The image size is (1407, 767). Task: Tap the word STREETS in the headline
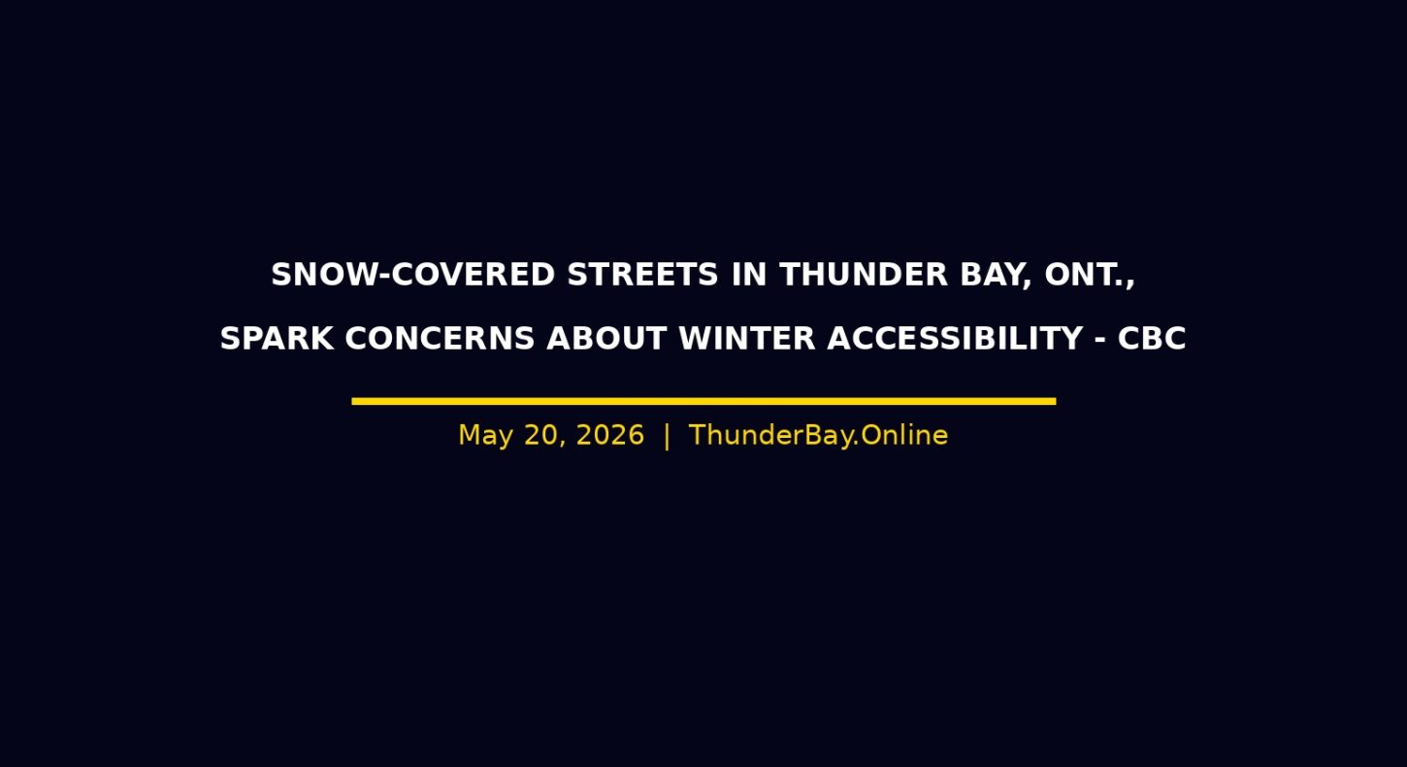642,275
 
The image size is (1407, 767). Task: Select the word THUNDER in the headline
864,275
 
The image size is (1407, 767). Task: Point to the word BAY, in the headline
996,276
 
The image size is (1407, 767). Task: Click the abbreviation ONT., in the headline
1090,276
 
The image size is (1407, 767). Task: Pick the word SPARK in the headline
277,338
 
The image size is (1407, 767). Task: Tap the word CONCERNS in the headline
440,338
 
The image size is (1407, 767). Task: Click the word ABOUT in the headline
606,338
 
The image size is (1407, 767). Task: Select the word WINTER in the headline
747,338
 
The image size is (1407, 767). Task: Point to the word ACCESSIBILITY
956,338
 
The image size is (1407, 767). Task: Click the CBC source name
1152,338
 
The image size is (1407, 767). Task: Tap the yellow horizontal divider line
703,401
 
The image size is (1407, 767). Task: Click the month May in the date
485,436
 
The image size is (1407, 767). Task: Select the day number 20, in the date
545,436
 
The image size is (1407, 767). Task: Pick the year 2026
610,435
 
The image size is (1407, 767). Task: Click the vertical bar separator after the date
667,436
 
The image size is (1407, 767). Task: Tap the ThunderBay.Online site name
818,435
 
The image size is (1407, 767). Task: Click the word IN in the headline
749,275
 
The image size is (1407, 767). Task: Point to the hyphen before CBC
1100,340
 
